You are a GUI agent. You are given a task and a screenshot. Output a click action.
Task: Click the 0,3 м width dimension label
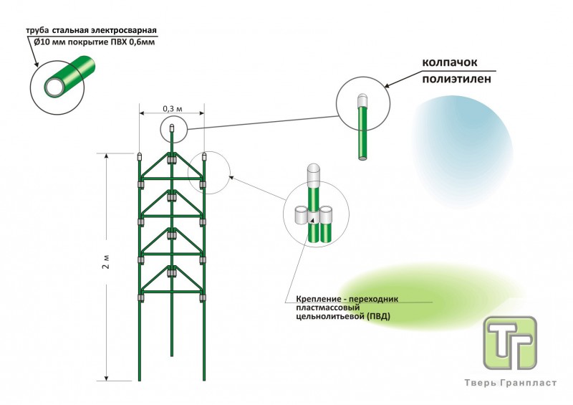click(x=172, y=108)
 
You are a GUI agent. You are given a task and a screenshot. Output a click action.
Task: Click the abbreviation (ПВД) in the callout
click(x=378, y=315)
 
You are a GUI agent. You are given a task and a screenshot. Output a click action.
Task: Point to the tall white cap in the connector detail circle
click(x=314, y=174)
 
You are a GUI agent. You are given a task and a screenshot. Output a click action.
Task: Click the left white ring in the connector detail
click(x=302, y=214)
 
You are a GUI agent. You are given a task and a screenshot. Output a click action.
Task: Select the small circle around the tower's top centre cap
click(x=173, y=130)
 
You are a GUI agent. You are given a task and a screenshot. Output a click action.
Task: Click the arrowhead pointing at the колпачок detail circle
click(x=387, y=87)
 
